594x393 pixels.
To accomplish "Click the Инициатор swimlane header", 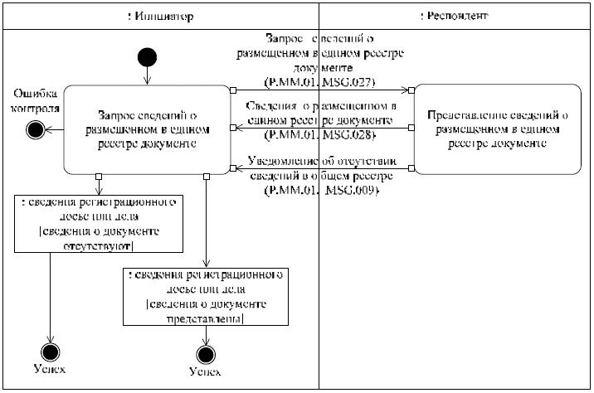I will [x=161, y=16].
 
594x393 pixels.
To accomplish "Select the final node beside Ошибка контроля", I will [x=35, y=129].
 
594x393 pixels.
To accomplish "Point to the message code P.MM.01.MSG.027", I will [x=319, y=82].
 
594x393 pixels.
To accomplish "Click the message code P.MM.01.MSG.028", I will [x=319, y=134].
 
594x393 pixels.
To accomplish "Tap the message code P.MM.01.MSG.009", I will [x=319, y=191].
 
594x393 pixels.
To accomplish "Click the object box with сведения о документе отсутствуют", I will [x=99, y=224].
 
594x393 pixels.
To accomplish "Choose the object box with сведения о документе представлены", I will [x=204, y=296].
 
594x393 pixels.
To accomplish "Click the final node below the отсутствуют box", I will [x=50, y=349].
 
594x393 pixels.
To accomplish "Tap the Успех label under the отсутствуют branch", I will [x=50, y=369].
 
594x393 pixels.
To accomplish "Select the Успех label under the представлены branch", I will [x=204, y=372].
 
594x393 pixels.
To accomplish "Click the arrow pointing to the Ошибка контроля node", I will [x=54, y=129].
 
